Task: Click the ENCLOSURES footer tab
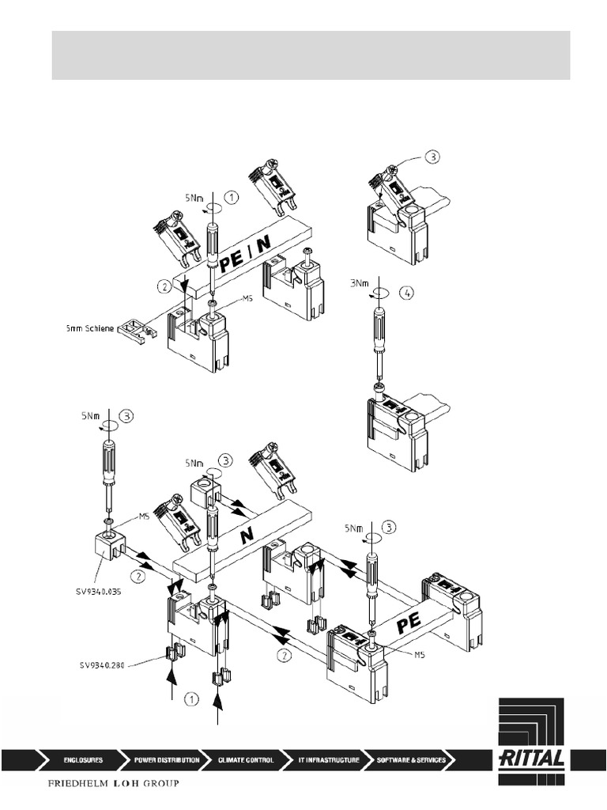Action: [82, 760]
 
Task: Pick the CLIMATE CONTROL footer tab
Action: [246, 760]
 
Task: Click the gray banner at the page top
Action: [311, 55]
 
